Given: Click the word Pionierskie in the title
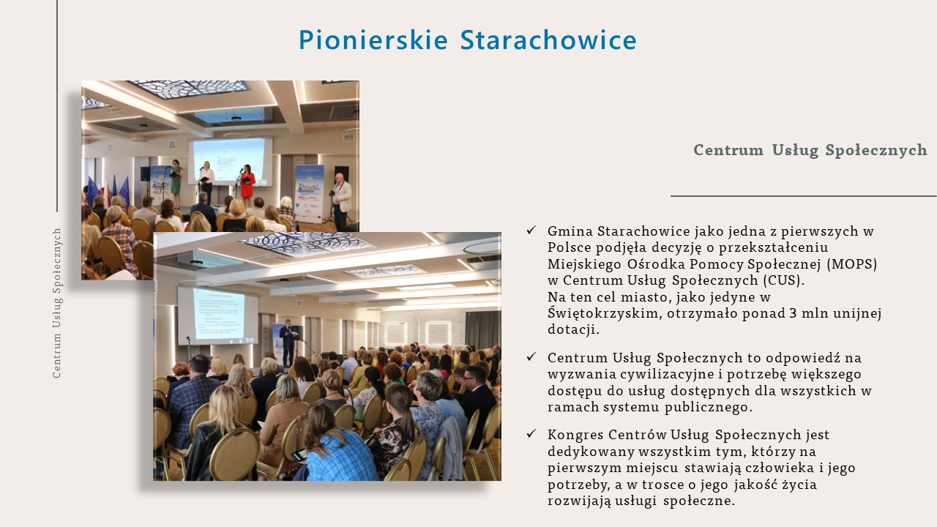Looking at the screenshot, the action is (373, 40).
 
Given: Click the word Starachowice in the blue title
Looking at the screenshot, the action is (548, 40).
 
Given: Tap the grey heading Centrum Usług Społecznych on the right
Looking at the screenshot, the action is (810, 150).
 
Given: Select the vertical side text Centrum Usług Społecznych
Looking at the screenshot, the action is (57, 303).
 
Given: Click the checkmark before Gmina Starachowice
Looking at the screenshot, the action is (531, 230).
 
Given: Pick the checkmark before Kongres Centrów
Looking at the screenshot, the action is (531, 434).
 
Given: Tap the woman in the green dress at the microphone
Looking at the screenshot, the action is (176, 183).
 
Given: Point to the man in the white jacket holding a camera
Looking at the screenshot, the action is (341, 201).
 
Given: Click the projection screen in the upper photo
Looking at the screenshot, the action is (230, 162).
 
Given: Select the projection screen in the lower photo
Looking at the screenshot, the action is (218, 315).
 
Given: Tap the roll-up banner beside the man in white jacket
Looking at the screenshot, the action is (309, 193).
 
